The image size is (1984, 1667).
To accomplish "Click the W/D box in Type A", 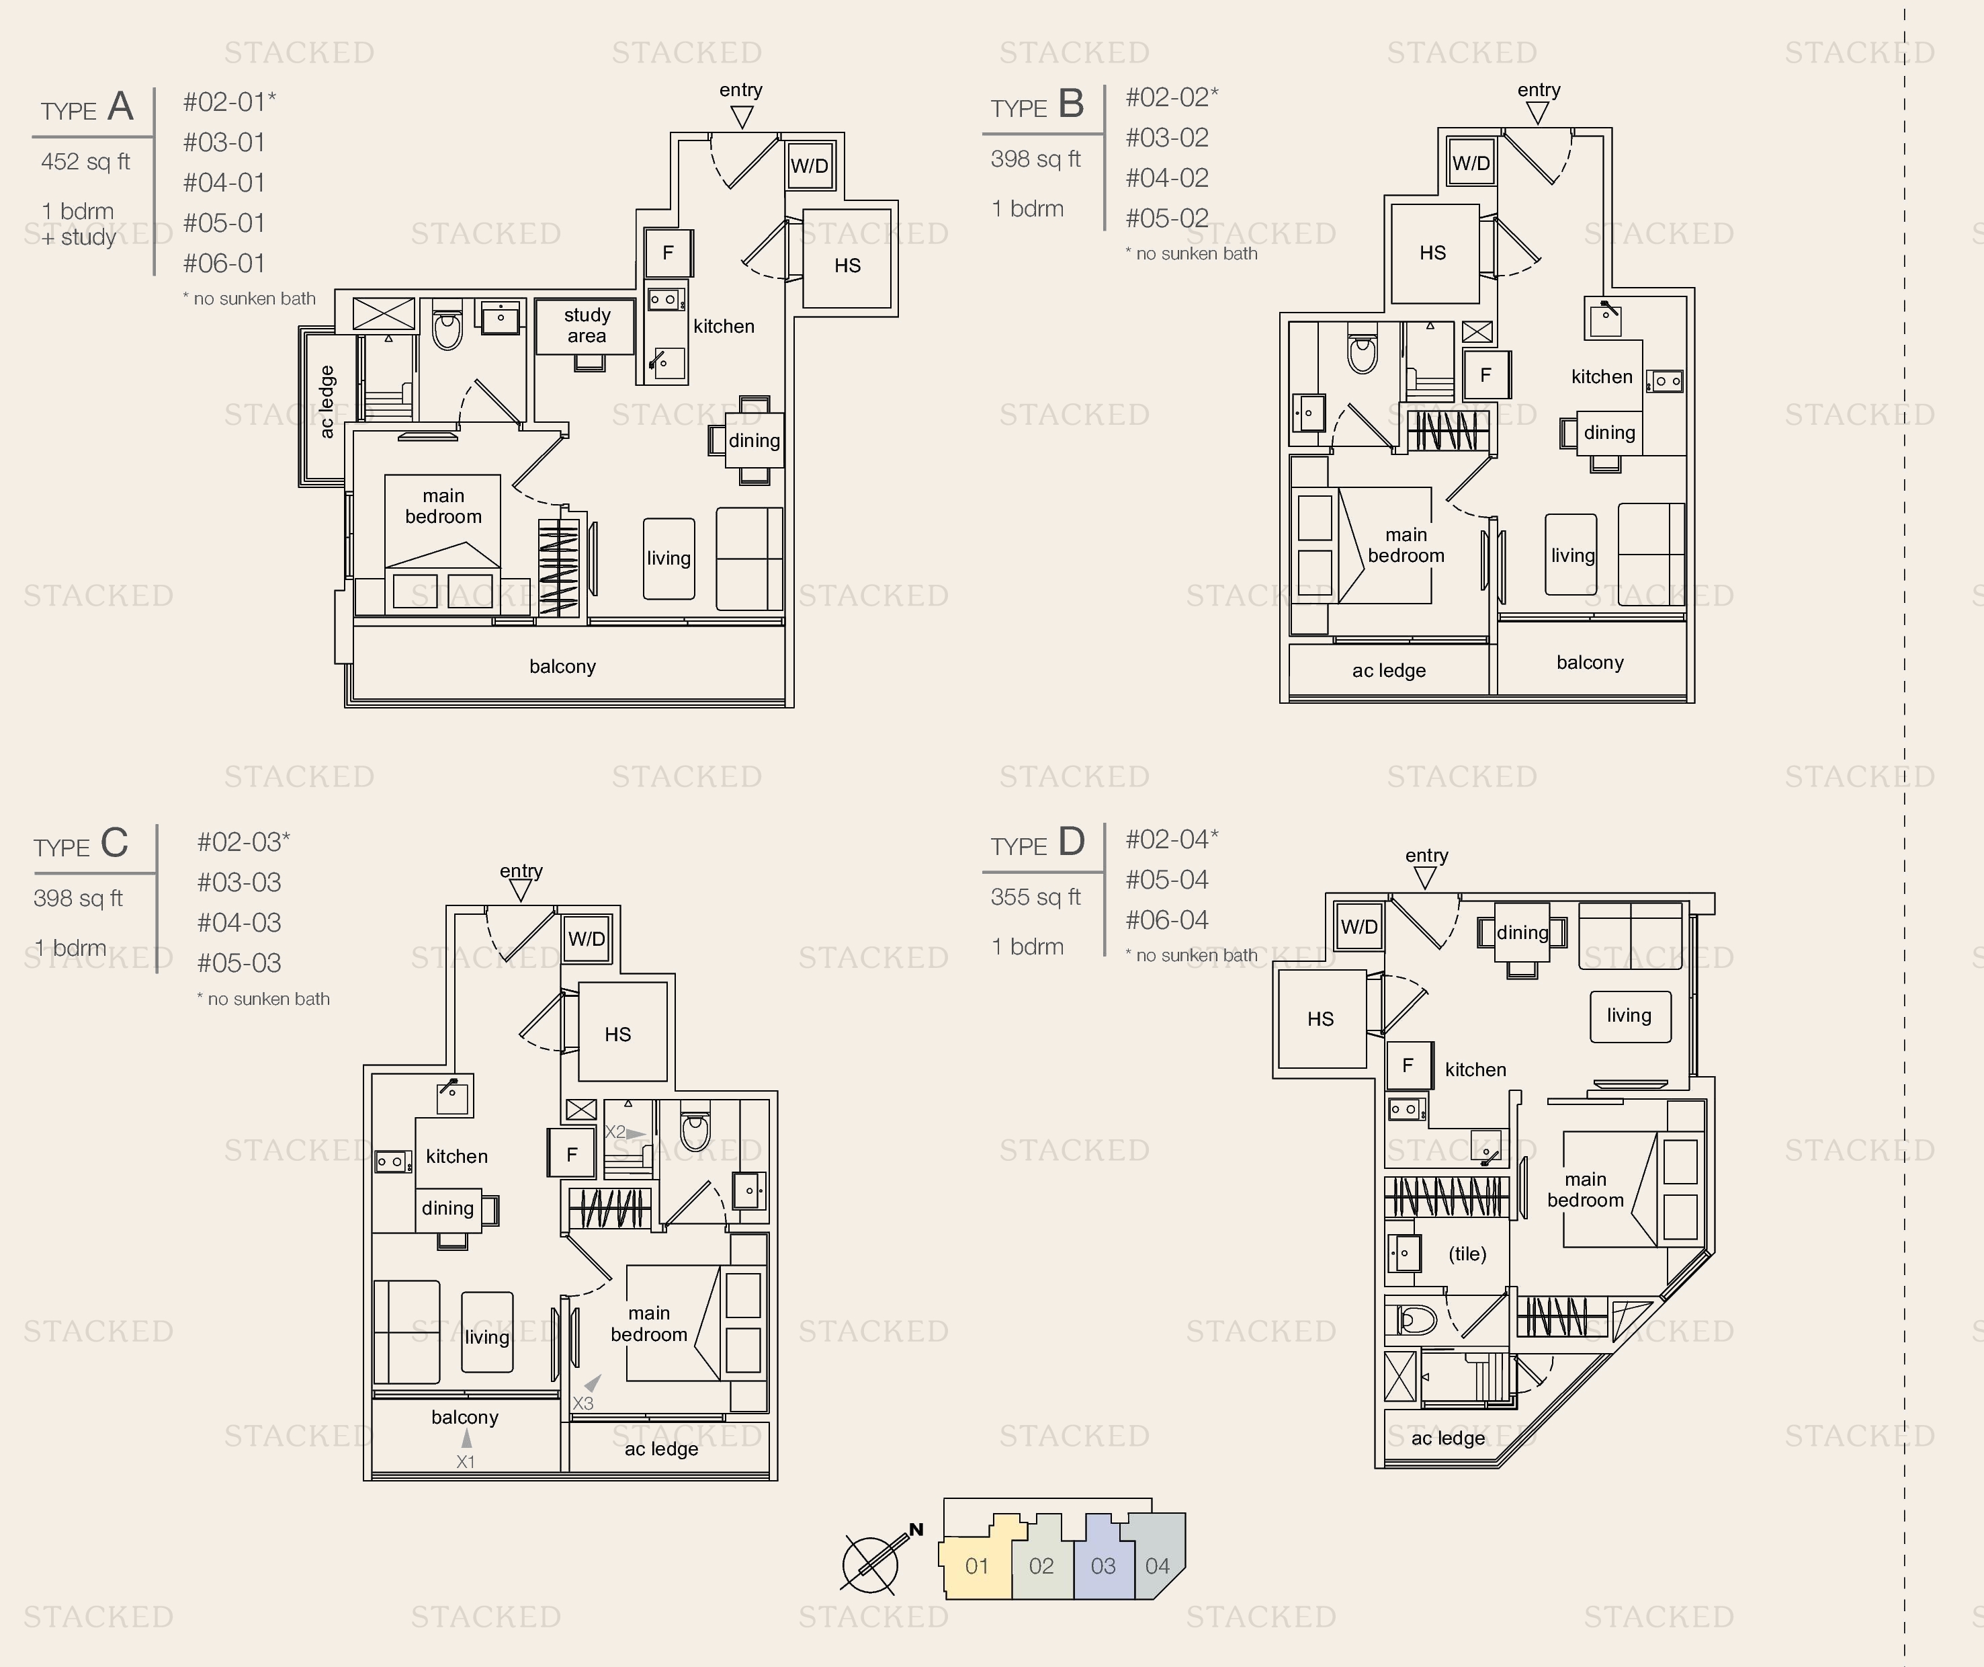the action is (x=810, y=166).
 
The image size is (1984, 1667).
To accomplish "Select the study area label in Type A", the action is (x=587, y=325).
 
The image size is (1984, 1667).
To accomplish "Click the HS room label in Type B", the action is (x=1432, y=252).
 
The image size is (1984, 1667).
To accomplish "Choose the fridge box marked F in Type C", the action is (x=572, y=1154).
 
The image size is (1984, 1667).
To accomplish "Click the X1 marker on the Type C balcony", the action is (x=466, y=1461).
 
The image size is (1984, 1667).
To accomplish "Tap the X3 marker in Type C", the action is (x=583, y=1404).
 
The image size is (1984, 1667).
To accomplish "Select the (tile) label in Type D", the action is (x=1467, y=1254).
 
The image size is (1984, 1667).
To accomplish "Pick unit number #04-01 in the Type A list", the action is (x=224, y=182).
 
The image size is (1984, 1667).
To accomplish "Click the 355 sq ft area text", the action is (x=1035, y=897).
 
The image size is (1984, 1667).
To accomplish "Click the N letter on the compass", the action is (x=916, y=1529).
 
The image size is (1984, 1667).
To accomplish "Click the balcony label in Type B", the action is (x=1590, y=663).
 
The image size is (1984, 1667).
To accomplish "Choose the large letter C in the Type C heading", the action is (x=114, y=842).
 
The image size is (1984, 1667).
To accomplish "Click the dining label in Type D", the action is (x=1522, y=933).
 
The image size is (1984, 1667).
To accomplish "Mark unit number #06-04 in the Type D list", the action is (x=1167, y=920).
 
